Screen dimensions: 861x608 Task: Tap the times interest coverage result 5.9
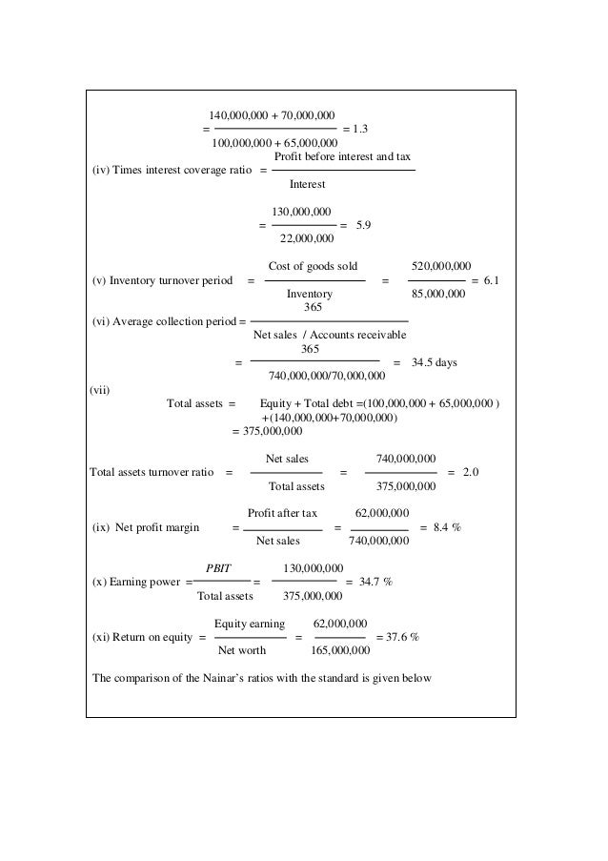(362, 225)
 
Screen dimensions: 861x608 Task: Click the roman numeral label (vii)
(99, 388)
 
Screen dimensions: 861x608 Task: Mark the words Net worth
(242, 651)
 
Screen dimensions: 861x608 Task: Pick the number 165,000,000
(340, 651)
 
